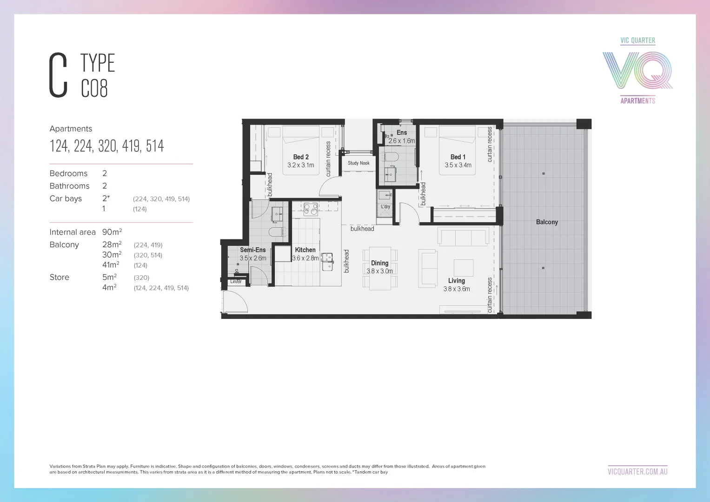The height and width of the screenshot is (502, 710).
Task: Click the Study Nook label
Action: click(358, 163)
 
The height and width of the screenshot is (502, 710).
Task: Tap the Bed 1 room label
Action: click(458, 157)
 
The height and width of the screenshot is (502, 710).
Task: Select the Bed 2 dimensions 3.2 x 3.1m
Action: click(300, 165)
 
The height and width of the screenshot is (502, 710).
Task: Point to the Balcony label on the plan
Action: click(547, 222)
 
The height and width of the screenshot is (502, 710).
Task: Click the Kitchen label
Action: click(305, 250)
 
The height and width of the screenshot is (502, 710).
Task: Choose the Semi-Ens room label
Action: click(253, 250)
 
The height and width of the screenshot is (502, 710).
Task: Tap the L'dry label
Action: click(385, 206)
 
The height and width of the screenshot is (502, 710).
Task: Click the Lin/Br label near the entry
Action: click(236, 282)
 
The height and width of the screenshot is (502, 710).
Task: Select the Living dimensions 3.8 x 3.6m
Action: click(457, 289)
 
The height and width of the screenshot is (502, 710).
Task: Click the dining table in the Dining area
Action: click(380, 269)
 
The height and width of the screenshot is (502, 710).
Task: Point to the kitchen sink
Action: click(327, 261)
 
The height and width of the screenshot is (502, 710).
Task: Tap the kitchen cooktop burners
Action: click(311, 210)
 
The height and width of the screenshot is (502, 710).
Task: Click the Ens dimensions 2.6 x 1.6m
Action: click(402, 141)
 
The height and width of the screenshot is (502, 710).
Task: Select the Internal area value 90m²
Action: click(112, 232)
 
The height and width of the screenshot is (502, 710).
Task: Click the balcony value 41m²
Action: click(111, 265)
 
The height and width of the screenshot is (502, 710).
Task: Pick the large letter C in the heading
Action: click(59, 75)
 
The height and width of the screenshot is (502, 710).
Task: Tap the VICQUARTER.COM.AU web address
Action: click(637, 471)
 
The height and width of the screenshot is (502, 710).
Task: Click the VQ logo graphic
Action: click(637, 70)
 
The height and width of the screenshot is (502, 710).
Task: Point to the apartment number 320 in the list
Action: click(107, 146)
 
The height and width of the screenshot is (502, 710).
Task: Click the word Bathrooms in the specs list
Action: click(69, 186)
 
